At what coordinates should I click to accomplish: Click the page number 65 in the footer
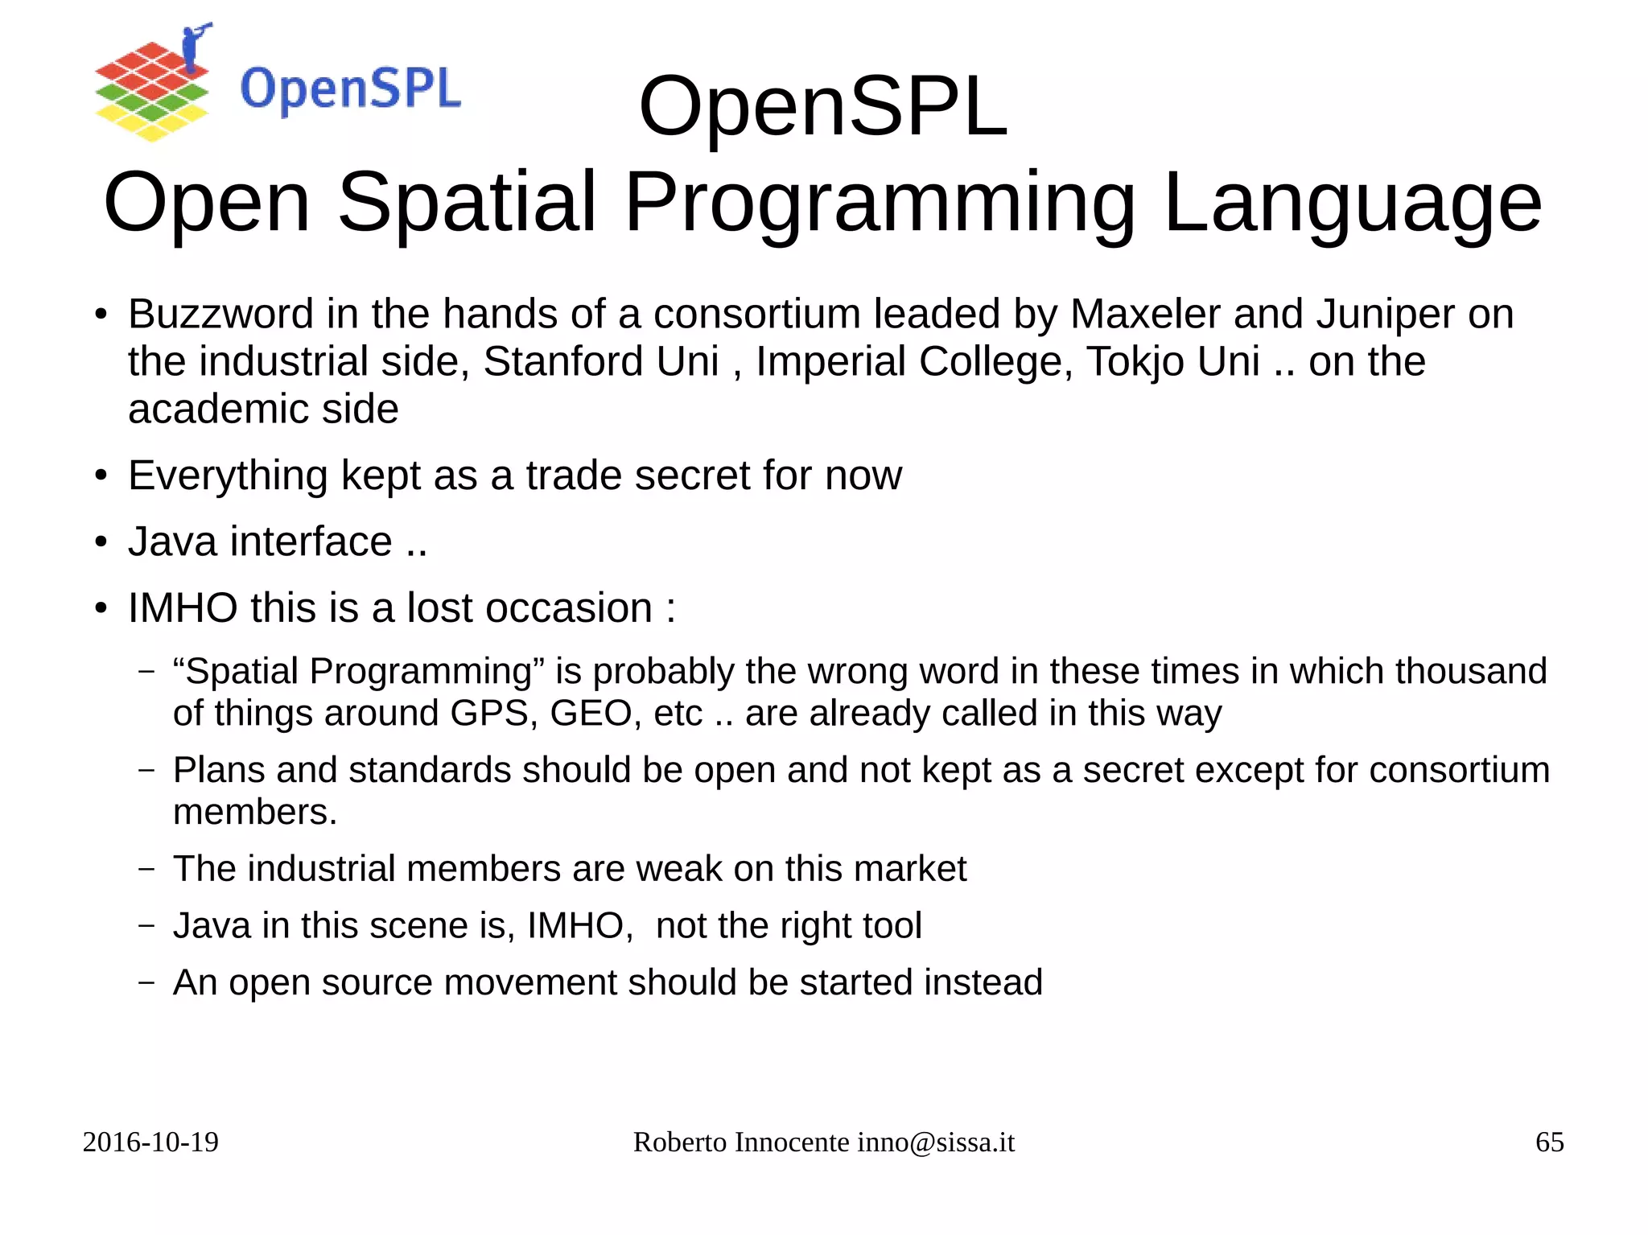pyautogui.click(x=1549, y=1142)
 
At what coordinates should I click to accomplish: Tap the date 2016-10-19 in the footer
pyautogui.click(x=150, y=1142)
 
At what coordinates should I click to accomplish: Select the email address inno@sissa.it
pyautogui.click(x=936, y=1142)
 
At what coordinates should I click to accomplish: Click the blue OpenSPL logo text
pyautogui.click(x=350, y=89)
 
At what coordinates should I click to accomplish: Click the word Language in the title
pyautogui.click(x=1352, y=203)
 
